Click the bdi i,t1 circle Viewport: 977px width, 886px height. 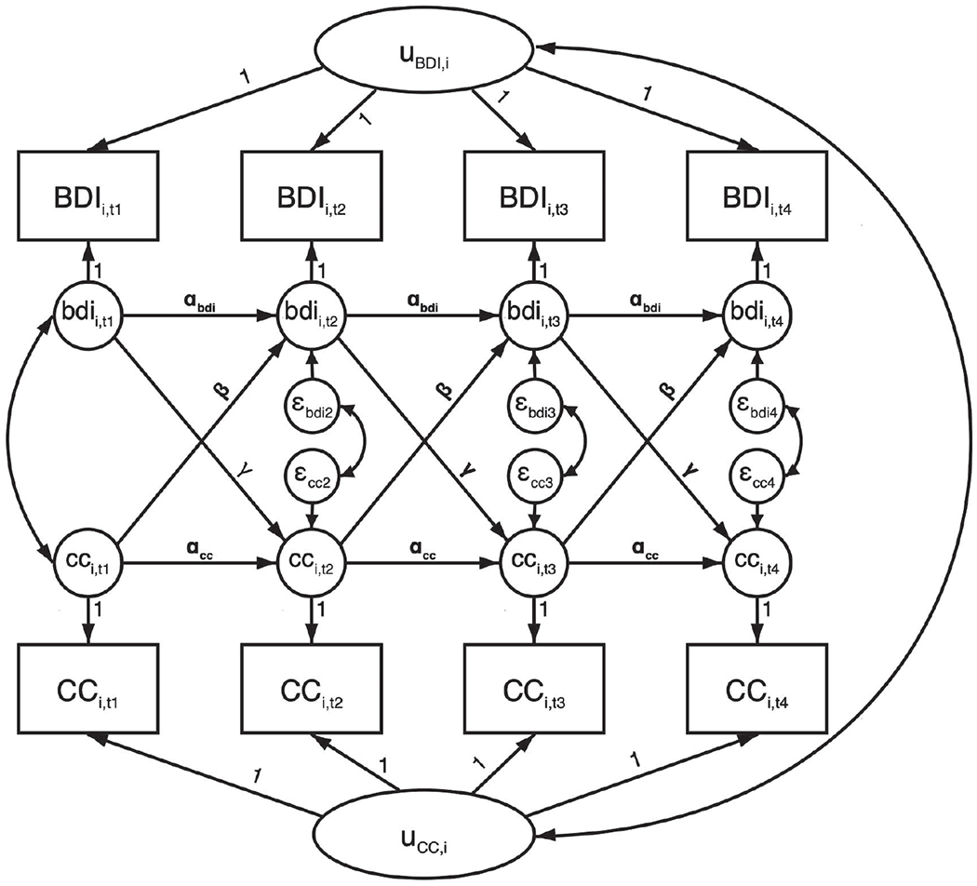tap(89, 316)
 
